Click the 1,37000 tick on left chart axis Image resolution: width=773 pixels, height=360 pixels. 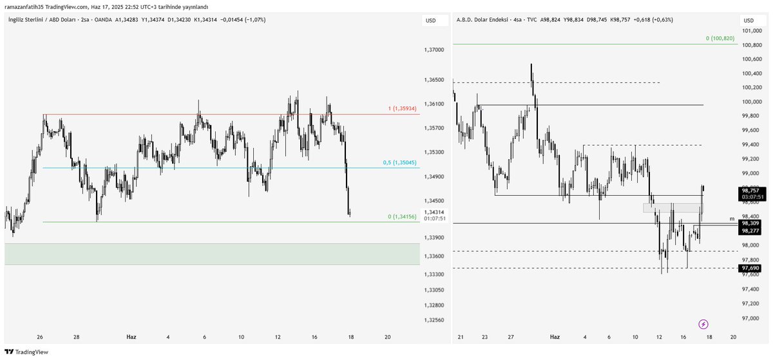point(435,50)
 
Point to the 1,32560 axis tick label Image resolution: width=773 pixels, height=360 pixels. point(435,320)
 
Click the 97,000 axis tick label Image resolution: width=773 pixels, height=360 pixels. point(750,318)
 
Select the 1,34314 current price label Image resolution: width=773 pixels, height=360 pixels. point(435,212)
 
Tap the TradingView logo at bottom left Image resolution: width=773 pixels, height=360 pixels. point(26,352)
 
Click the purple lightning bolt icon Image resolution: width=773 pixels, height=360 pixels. point(703,323)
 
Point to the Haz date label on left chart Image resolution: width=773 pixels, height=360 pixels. point(131,337)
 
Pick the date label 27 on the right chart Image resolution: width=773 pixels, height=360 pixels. point(510,337)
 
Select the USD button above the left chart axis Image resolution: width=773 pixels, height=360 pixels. point(430,21)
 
